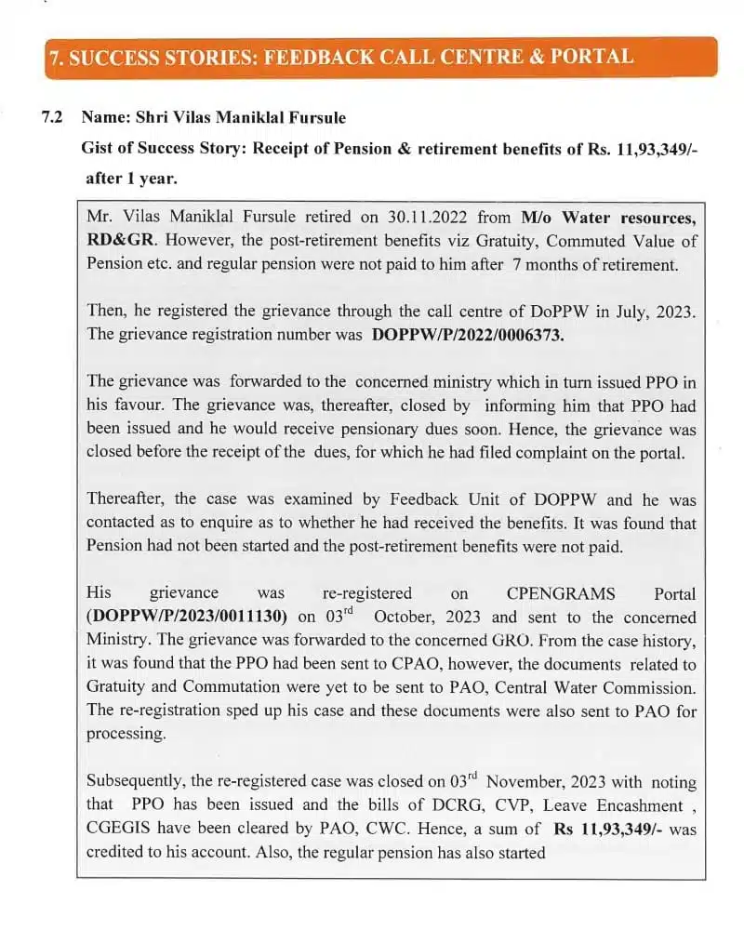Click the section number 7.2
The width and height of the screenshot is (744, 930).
(53, 118)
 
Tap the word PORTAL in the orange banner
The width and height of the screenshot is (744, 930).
(591, 56)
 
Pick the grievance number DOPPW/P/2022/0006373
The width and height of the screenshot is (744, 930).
(468, 335)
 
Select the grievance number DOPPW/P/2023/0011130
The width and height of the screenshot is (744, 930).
(188, 617)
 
